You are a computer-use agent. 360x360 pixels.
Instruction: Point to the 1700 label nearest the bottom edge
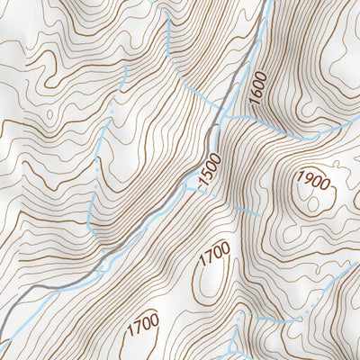(142, 327)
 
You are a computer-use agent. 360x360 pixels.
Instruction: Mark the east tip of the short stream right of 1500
(260, 215)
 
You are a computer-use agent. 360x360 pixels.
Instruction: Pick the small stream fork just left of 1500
(189, 185)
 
